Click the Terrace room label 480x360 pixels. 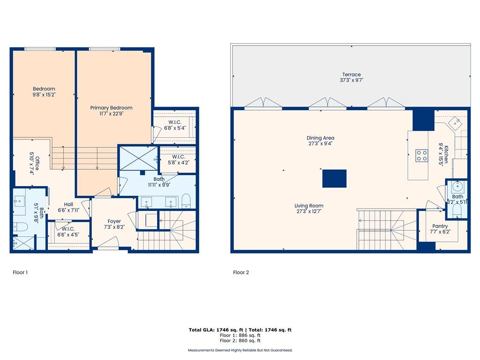(352, 77)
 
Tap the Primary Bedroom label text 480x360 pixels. (111, 111)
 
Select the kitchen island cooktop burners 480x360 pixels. (421, 155)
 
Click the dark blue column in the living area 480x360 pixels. (334, 179)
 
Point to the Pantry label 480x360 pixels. (440, 229)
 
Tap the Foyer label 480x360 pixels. (114, 224)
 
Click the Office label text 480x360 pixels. (34, 164)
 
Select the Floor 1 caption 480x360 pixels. (20, 272)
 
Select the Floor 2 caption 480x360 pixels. (241, 272)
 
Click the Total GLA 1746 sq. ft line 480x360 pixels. (240, 330)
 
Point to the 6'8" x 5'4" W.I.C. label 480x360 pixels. (175, 125)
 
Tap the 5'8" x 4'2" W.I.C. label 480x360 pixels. (178, 159)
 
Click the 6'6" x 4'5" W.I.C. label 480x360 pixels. (68, 232)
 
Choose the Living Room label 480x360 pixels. (309, 209)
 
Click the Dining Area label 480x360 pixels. (321, 141)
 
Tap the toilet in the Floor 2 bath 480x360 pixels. (457, 210)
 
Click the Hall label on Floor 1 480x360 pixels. (68, 207)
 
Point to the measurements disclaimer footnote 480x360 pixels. (240, 350)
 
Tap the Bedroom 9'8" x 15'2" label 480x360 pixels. (44, 91)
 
